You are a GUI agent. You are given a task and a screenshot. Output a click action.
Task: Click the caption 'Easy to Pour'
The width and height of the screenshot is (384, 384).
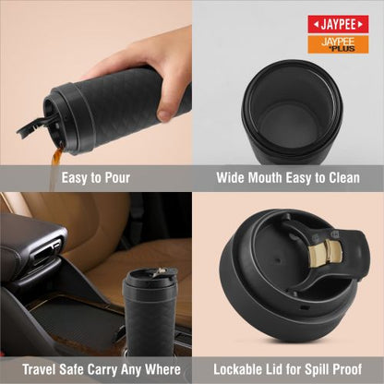(96, 178)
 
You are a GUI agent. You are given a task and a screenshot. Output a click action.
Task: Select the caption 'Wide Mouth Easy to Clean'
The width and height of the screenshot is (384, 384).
(288, 178)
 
